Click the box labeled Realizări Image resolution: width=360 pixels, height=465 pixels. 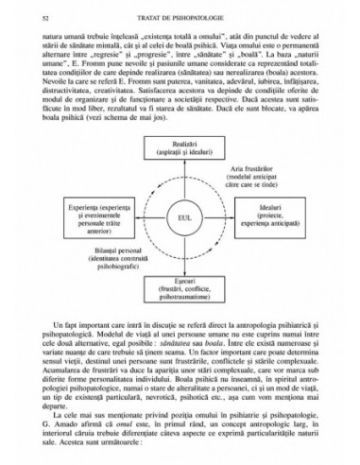click(180, 150)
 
